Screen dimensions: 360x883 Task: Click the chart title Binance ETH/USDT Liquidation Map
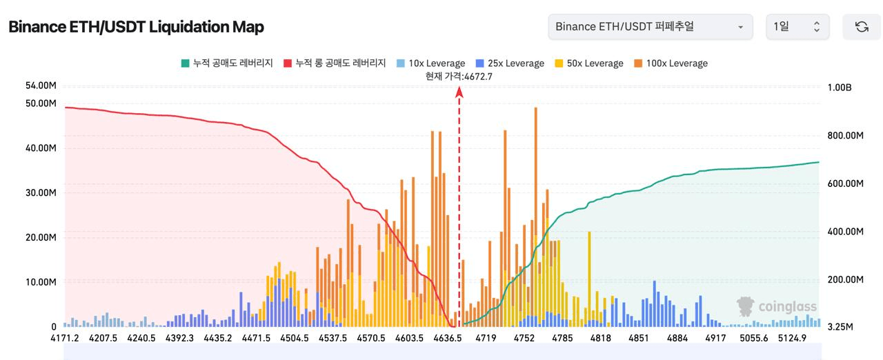click(x=136, y=27)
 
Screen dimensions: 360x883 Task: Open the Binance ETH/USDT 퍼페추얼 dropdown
click(x=649, y=27)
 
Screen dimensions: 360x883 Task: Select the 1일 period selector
click(x=797, y=27)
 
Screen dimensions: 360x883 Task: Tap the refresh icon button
click(x=861, y=27)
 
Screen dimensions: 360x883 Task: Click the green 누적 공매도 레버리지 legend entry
click(x=227, y=63)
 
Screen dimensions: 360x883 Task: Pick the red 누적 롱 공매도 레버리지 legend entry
click(x=335, y=63)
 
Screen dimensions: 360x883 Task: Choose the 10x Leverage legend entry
click(x=430, y=63)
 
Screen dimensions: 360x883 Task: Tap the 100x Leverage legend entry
click(x=671, y=63)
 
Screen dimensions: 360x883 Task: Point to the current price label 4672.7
click(x=459, y=77)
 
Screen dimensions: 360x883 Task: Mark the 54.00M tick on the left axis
click(x=40, y=86)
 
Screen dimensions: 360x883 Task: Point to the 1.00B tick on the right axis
click(x=840, y=88)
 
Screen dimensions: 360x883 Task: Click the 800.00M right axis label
click(x=845, y=136)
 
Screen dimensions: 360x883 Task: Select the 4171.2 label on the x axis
click(x=65, y=338)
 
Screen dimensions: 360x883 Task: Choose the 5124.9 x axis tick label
click(x=792, y=338)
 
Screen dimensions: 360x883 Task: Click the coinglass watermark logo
click(x=777, y=307)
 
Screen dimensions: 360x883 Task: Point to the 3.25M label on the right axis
click(x=840, y=326)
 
